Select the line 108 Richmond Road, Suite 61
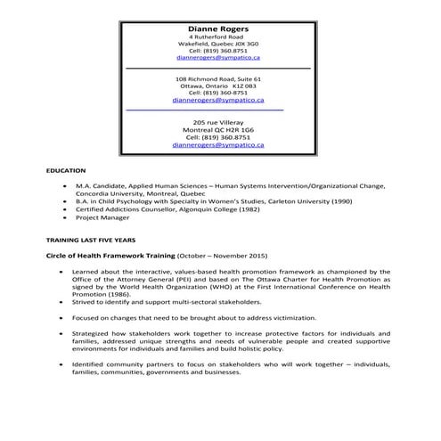(217, 78)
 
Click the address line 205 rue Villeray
(217, 121)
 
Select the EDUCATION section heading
(66, 170)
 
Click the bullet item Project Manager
(102, 217)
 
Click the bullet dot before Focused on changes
(62, 316)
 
